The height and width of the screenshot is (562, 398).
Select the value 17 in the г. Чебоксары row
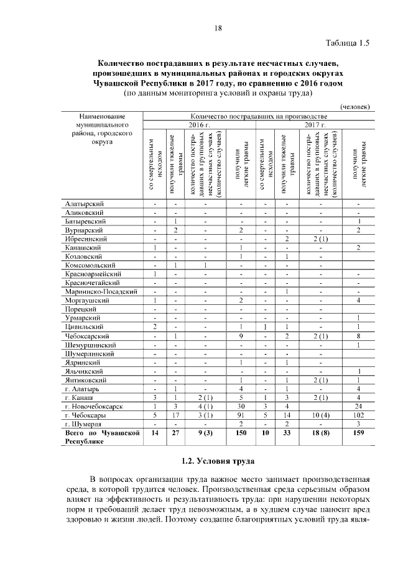pyautogui.click(x=176, y=414)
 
